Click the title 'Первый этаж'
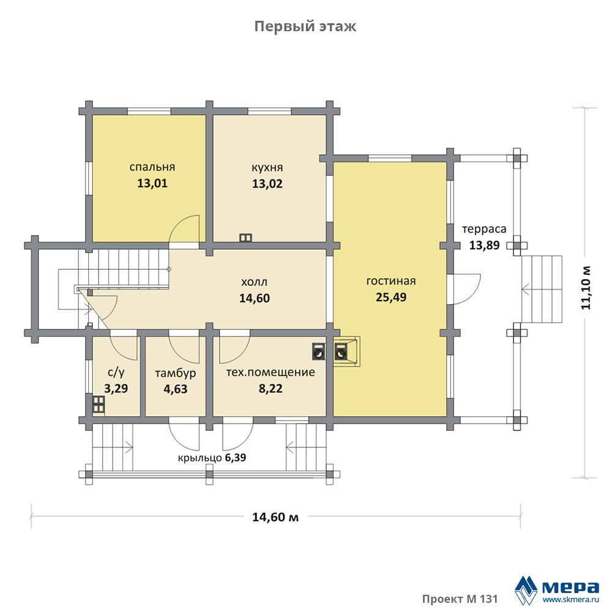pos(305,26)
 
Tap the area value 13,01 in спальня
pos(152,183)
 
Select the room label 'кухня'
pos(267,168)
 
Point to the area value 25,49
pos(391,297)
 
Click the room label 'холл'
pos(255,282)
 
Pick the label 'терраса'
pos(484,229)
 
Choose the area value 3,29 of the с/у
pos(116,389)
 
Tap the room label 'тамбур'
pos(176,373)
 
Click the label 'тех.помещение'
pos(271,372)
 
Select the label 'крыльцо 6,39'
pos(212,457)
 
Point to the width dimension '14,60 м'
pos(275,517)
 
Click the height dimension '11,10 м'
pos(586,288)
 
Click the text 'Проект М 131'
pos(460,599)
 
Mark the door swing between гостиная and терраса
pos(466,289)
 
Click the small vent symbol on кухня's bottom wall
pos(245,237)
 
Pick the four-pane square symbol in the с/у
pos(99,405)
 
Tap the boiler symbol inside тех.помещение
pos(318,351)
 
